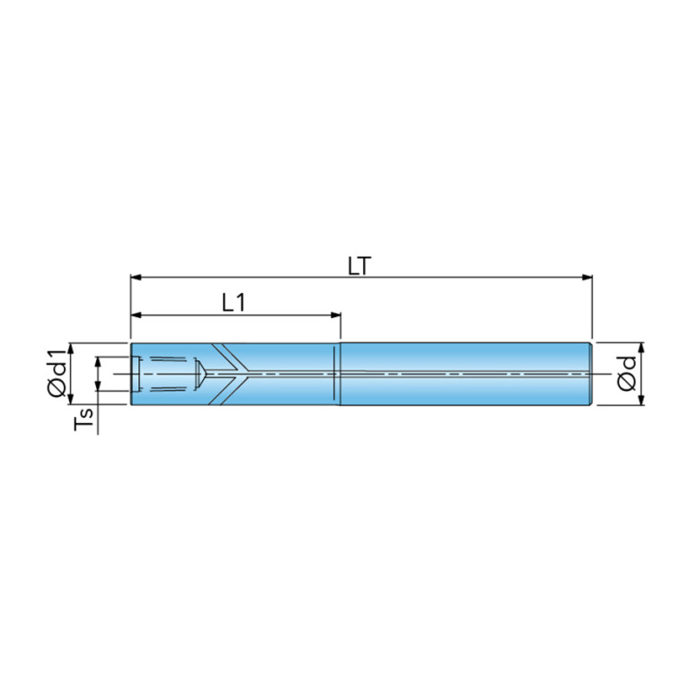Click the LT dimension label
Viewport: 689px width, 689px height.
point(359,266)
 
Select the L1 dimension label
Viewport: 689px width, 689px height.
point(234,303)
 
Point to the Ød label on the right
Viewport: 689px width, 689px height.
point(626,374)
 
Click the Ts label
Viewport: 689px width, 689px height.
point(84,419)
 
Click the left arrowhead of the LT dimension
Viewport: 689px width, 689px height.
point(137,278)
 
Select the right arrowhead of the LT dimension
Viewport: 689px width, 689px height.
point(587,278)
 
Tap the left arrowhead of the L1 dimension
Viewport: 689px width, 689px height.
point(137,315)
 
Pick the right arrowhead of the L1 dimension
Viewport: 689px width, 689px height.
point(336,315)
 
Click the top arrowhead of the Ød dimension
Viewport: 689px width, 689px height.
point(641,348)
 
